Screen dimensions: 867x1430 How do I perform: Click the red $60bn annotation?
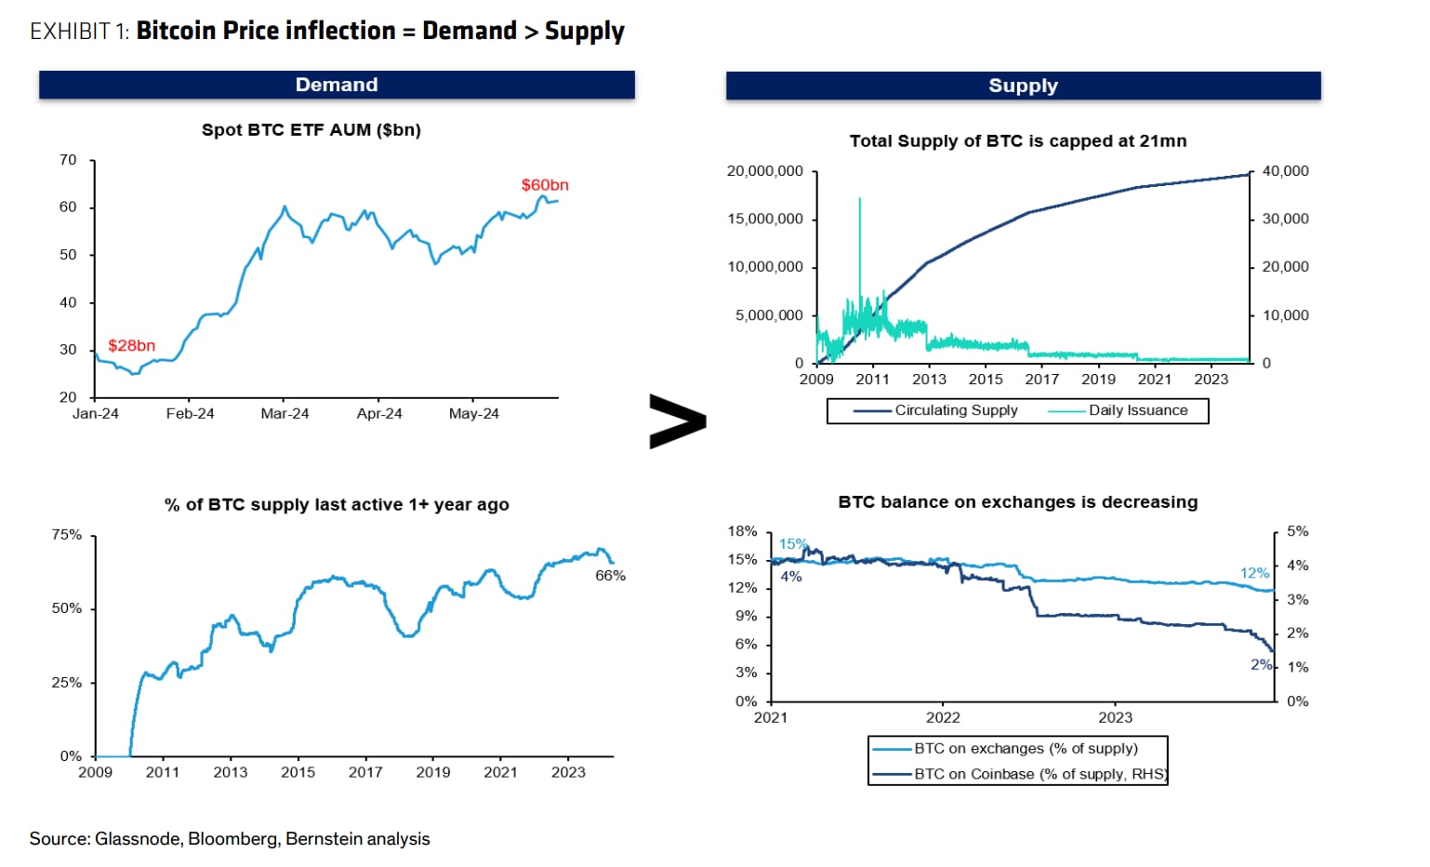click(x=544, y=185)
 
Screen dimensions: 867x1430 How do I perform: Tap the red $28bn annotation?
click(x=131, y=346)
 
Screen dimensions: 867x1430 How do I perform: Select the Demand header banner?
click(x=337, y=85)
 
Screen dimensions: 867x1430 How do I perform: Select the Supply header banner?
click(x=1023, y=86)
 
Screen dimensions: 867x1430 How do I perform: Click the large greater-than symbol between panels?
click(x=677, y=421)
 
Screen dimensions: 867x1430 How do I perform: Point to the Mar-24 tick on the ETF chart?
click(x=285, y=414)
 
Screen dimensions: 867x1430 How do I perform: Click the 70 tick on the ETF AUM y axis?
click(x=68, y=160)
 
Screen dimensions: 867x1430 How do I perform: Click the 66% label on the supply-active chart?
click(x=610, y=576)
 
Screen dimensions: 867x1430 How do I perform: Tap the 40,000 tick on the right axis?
click(x=1285, y=171)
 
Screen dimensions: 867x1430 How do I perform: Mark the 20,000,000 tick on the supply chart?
click(x=764, y=171)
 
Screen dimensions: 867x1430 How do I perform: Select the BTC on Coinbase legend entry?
click(x=1019, y=774)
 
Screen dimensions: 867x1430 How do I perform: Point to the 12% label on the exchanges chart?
click(x=1254, y=573)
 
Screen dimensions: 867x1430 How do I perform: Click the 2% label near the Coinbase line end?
click(x=1261, y=664)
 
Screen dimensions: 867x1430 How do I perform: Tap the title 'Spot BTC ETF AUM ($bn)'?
click(x=311, y=130)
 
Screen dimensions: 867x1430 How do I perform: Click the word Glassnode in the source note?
click(x=138, y=839)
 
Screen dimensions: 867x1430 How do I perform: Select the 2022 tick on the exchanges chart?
click(x=943, y=718)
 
